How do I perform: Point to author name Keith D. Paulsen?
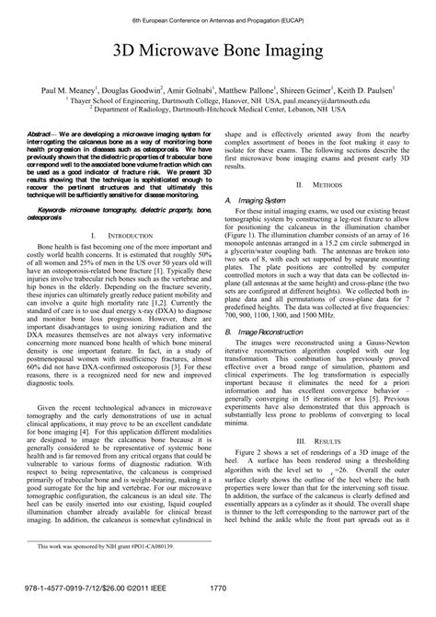tap(366, 93)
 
